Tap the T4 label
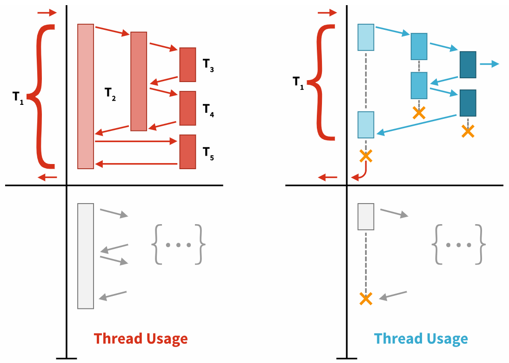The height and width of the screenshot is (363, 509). (x=208, y=110)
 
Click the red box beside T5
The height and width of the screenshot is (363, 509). (x=188, y=151)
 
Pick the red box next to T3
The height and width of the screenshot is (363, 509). (x=188, y=64)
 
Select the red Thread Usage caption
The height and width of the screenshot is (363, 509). (x=141, y=339)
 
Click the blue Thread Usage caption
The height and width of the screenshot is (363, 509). (x=421, y=339)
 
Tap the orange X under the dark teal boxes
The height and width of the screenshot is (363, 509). (x=468, y=131)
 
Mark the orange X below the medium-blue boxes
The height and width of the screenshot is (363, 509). (x=419, y=112)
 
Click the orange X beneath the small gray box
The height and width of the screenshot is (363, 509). (x=366, y=299)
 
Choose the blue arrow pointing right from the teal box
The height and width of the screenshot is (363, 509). (x=489, y=64)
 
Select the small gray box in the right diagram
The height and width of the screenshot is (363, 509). (x=366, y=217)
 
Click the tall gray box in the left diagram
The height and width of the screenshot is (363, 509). (x=86, y=256)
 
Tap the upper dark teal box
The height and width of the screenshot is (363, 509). (x=468, y=64)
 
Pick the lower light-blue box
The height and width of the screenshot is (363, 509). (x=366, y=125)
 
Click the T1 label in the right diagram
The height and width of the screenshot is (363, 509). (x=298, y=82)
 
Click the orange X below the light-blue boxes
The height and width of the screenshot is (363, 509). (x=366, y=156)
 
